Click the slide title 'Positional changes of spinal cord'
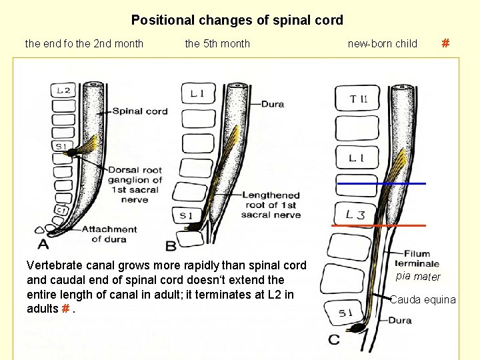pos(237,20)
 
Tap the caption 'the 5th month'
pos(217,43)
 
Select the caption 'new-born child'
pos(383,43)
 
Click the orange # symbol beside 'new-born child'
pos(446,43)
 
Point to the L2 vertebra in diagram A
pos(63,90)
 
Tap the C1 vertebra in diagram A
pos(61,210)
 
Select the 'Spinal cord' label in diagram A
pos(140,111)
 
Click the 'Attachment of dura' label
pos(109,234)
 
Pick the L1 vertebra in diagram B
pos(198,93)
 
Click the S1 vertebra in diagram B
pos(187,216)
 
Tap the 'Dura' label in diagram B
pos(273,104)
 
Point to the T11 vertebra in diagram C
pos(357,98)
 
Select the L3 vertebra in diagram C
pos(355,214)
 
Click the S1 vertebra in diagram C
pos(345,313)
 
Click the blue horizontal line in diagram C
pos(381,184)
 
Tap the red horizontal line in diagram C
pos(379,225)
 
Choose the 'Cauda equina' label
pos(423,299)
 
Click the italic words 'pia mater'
pos(418,277)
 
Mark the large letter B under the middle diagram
pos(171,246)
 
